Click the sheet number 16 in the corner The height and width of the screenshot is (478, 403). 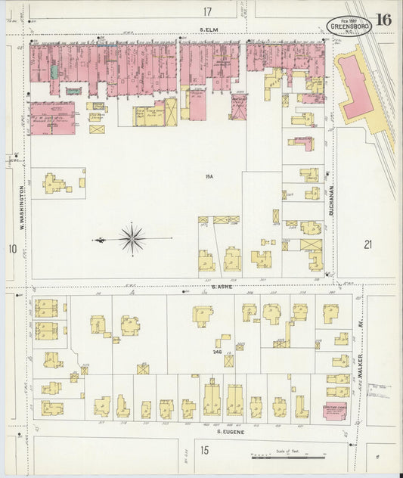point(383,19)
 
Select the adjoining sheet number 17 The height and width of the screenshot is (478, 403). point(207,11)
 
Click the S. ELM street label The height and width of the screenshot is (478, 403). point(209,31)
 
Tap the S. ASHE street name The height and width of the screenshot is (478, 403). point(221,287)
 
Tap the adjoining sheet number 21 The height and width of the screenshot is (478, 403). point(367,244)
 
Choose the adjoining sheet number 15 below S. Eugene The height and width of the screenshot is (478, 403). point(204,451)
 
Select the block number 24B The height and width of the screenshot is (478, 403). point(217,351)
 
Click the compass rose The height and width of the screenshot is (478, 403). point(132,239)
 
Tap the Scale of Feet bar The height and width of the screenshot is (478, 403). point(287,457)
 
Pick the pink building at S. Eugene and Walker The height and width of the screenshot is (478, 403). point(334,411)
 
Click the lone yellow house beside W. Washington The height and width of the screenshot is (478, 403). point(57,183)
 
